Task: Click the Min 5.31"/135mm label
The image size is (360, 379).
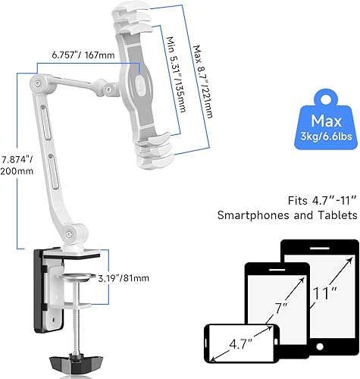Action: [x=178, y=74]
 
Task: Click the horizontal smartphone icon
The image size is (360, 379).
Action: [x=239, y=340]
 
